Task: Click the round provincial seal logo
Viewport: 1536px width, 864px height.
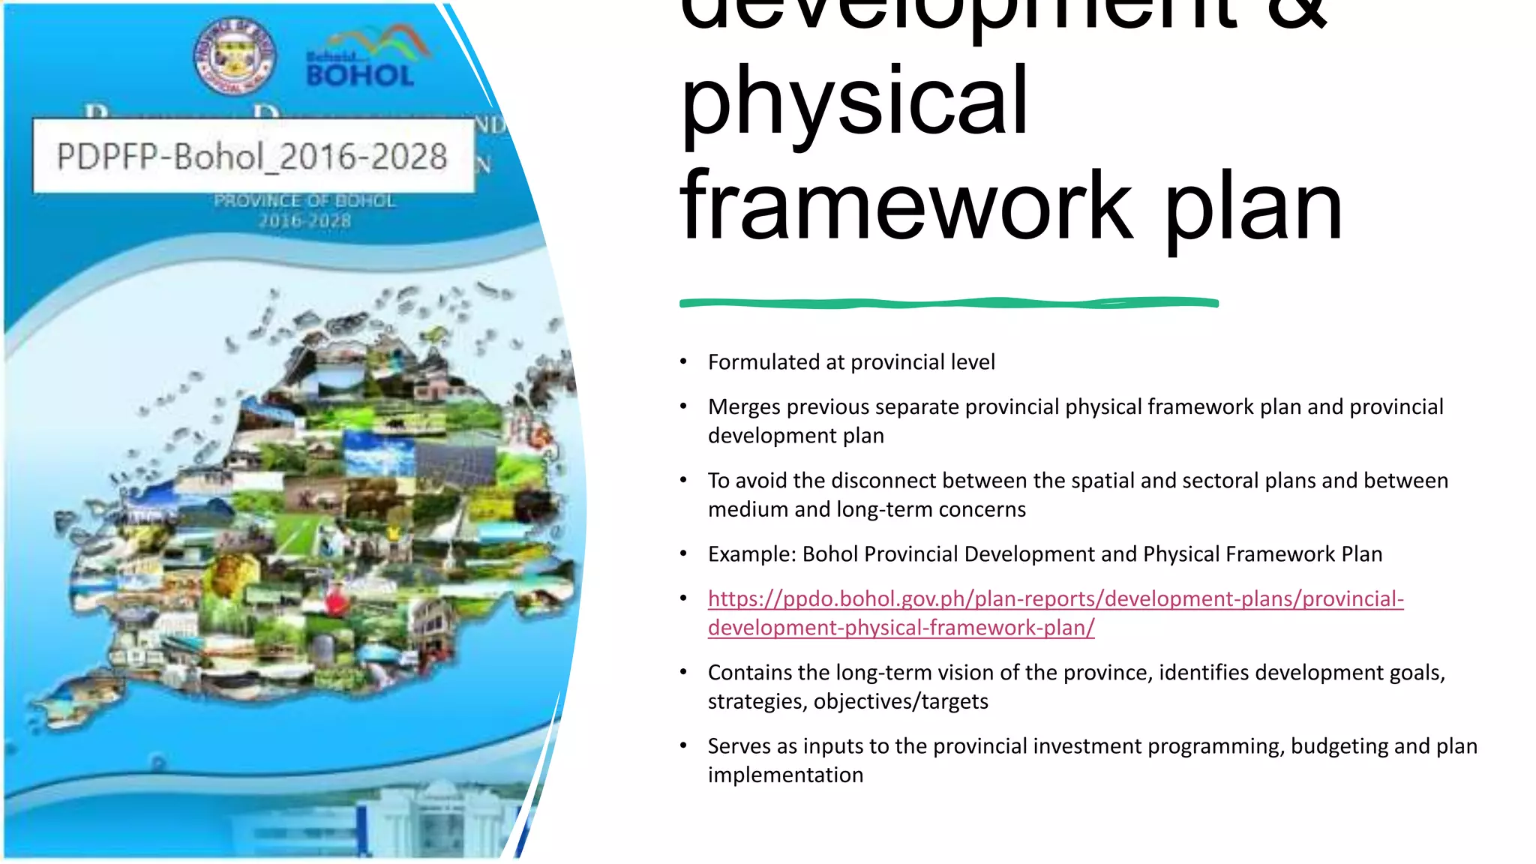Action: [x=235, y=56]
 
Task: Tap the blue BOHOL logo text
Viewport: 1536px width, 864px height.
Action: [x=360, y=75]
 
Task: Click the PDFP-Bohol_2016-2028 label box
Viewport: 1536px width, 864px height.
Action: [x=253, y=156]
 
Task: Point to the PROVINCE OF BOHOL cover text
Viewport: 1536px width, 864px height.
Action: [x=304, y=201]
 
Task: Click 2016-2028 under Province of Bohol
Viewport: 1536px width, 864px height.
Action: [x=304, y=221]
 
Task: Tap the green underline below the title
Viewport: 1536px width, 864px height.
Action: [x=948, y=303]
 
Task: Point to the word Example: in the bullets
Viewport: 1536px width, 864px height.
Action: [x=751, y=554]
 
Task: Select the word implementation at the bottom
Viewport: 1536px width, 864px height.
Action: [x=785, y=775]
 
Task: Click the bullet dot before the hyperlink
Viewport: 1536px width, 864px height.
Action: [x=683, y=598]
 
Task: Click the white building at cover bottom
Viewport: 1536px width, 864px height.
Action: [x=439, y=821]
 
